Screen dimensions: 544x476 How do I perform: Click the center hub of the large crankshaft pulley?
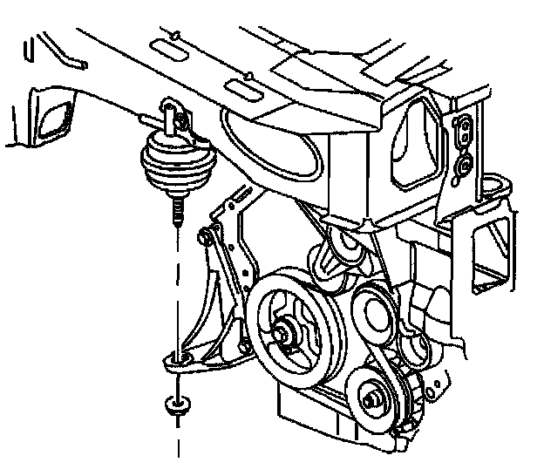coord(282,330)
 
